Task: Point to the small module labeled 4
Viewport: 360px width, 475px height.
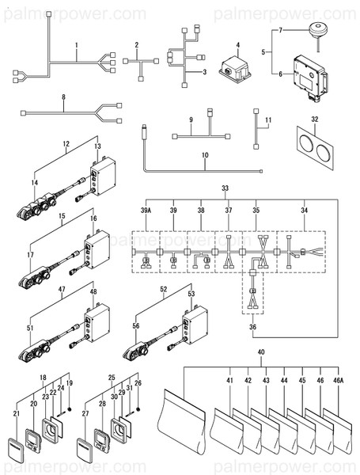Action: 233,66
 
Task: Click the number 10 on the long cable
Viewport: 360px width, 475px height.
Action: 204,155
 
